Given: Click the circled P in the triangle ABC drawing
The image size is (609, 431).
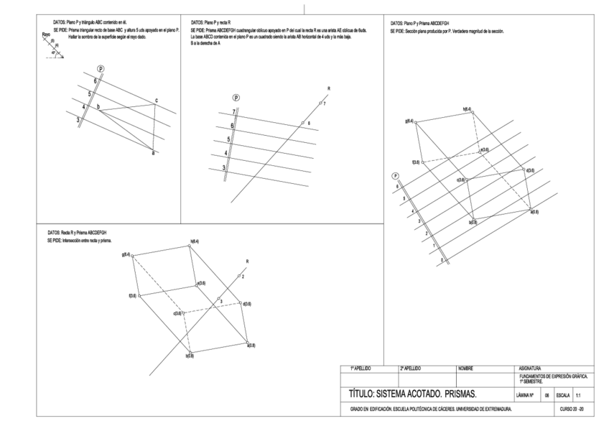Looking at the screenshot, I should tap(101, 68).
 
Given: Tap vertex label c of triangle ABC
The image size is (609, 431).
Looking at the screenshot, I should tap(156, 100).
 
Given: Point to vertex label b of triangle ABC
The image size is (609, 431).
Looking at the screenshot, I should tap(99, 106).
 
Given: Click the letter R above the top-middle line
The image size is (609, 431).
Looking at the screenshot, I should tap(328, 88).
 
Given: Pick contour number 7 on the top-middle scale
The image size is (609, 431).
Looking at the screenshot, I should tap(233, 112).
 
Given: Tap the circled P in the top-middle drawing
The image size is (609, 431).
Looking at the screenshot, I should tap(236, 98).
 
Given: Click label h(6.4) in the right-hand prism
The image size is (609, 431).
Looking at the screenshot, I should tap(467, 109).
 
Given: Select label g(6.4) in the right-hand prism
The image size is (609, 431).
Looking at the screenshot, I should tap(409, 121).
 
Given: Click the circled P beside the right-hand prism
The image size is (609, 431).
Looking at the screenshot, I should tap(395, 176).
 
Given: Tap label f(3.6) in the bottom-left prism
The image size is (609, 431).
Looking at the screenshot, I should tap(132, 295).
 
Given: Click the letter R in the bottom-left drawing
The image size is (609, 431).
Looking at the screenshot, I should tap(247, 261).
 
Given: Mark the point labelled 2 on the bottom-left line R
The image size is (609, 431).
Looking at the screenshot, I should tap(243, 277).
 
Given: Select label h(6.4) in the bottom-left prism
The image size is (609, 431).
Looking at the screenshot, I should tap(194, 241).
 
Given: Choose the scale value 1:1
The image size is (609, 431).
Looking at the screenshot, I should tap(580, 395).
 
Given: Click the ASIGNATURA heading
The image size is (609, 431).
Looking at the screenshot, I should tap(530, 368).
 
